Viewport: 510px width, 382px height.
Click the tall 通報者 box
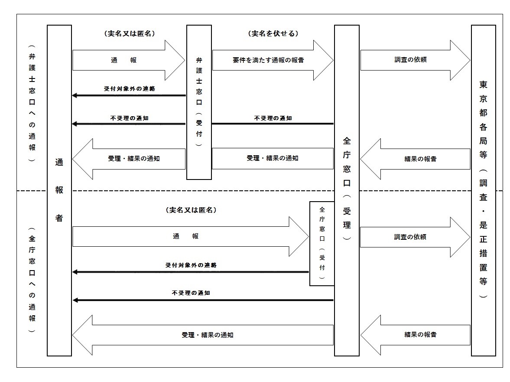click(59, 191)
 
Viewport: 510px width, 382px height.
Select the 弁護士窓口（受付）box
click(199, 102)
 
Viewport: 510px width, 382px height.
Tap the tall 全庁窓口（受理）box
click(347, 191)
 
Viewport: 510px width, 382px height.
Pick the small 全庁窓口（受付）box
click(322, 243)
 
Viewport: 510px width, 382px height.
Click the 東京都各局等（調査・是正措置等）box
click(483, 191)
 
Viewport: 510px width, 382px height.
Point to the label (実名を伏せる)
click(273, 33)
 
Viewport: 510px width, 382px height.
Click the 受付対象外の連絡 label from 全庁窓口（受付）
click(191, 264)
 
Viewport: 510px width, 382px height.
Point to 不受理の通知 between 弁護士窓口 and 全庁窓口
click(273, 118)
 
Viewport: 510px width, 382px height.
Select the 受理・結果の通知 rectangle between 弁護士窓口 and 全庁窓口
click(273, 158)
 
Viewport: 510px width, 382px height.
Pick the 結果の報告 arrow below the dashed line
click(415, 335)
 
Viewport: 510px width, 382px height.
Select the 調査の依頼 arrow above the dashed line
click(415, 60)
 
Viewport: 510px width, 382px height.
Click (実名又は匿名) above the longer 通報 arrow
click(191, 210)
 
